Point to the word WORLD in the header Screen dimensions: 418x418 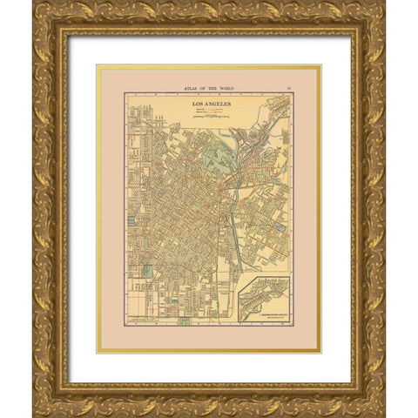click(228, 87)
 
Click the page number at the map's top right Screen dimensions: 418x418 click(288, 87)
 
